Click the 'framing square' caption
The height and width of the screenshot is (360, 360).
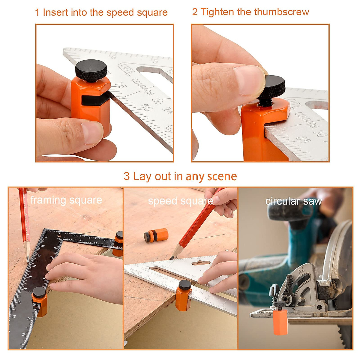coord(66,200)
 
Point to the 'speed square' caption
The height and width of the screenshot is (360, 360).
coord(180,201)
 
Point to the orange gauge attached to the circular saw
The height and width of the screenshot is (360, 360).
coord(280,321)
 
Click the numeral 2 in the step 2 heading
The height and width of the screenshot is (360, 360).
coord(195,12)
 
